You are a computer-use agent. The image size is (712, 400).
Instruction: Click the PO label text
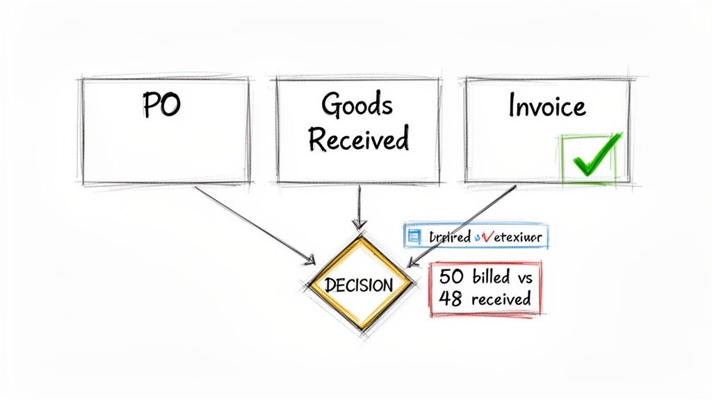point(161,106)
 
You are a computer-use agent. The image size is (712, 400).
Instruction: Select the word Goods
point(357,106)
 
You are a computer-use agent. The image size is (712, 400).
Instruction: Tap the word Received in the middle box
point(357,139)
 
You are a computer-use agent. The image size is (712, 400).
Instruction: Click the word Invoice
point(547,106)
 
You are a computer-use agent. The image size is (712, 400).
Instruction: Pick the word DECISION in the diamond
point(359,285)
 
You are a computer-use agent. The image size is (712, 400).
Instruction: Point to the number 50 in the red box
point(450,276)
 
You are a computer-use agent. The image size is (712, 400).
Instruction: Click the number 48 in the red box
point(450,299)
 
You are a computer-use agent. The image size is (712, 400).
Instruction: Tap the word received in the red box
point(501,299)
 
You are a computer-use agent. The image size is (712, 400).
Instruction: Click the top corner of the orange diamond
point(359,237)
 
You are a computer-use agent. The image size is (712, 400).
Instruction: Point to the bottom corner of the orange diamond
point(360,331)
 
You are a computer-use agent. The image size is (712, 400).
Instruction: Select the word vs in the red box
point(523,276)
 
